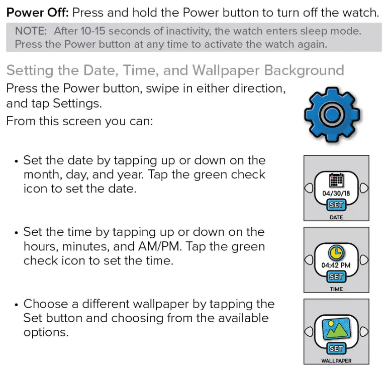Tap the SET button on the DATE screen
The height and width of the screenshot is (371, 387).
(336, 205)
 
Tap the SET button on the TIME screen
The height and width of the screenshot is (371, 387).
(336, 276)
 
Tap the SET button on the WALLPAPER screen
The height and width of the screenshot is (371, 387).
(336, 348)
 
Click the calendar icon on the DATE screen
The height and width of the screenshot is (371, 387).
(336, 180)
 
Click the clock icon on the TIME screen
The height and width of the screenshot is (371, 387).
(336, 252)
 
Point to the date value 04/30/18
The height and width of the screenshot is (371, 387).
(336, 193)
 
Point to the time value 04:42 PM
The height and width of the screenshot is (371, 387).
(336, 265)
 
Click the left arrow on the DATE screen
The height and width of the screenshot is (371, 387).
(308, 188)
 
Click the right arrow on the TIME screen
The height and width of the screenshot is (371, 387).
(364, 259)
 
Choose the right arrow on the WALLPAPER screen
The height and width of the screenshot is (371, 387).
(364, 331)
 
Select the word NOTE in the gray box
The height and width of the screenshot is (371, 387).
(31, 31)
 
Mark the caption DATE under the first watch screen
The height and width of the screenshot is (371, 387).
(336, 217)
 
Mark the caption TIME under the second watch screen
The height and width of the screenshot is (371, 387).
(336, 289)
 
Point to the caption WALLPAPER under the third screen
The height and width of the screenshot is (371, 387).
(336, 360)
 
